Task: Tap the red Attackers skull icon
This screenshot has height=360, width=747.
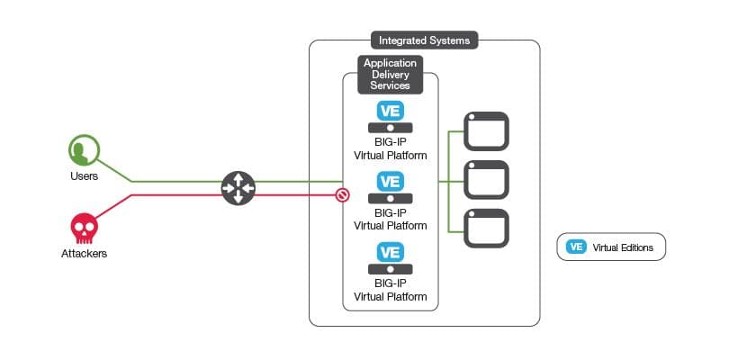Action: click(84, 228)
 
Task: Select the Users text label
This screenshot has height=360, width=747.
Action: click(84, 175)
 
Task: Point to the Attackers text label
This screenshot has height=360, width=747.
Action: click(84, 254)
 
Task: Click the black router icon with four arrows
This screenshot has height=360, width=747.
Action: click(238, 187)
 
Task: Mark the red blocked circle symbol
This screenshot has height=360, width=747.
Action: click(342, 193)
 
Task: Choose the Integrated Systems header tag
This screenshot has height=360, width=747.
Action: click(424, 40)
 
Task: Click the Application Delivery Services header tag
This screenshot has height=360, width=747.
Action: click(390, 74)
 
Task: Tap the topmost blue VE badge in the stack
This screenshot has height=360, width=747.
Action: click(390, 112)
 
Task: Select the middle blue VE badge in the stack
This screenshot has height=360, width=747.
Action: click(390, 181)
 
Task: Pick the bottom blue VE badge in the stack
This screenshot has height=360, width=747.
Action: click(390, 252)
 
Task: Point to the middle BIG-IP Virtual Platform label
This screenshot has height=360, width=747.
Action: click(390, 220)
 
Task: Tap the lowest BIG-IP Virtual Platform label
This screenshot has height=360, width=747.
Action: click(390, 291)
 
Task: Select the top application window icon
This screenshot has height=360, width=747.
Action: click(486, 131)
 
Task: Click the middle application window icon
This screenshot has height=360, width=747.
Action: click(486, 180)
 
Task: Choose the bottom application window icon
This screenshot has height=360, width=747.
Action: click(486, 229)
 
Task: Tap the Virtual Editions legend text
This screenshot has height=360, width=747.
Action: click(623, 247)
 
